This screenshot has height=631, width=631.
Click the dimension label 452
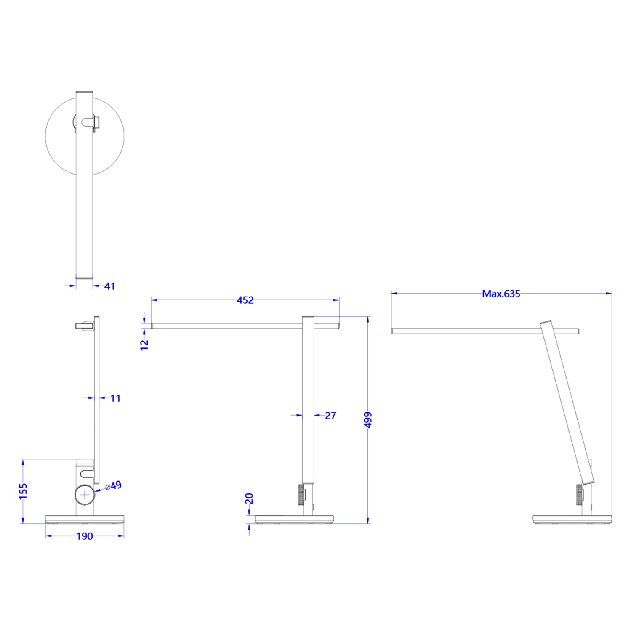click(x=245, y=300)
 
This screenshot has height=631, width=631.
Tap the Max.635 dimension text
click(x=501, y=294)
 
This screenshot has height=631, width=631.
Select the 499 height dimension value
click(x=368, y=419)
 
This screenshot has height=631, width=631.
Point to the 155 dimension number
click(x=23, y=491)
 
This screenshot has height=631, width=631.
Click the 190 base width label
click(x=85, y=536)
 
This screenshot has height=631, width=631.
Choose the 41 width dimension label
click(x=109, y=286)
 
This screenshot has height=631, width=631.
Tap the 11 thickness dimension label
click(x=115, y=398)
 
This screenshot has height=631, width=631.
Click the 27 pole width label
click(x=330, y=416)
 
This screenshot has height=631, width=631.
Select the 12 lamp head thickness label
click(x=144, y=345)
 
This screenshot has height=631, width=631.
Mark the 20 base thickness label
click(x=249, y=498)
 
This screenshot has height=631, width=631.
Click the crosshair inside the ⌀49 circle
click(x=85, y=495)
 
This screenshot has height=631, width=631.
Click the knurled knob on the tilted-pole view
click(x=580, y=495)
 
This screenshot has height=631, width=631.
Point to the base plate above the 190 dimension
click(x=85, y=520)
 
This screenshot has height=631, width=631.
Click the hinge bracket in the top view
click(x=91, y=122)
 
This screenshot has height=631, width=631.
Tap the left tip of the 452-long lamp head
click(x=152, y=326)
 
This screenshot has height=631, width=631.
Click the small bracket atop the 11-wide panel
click(x=84, y=326)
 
